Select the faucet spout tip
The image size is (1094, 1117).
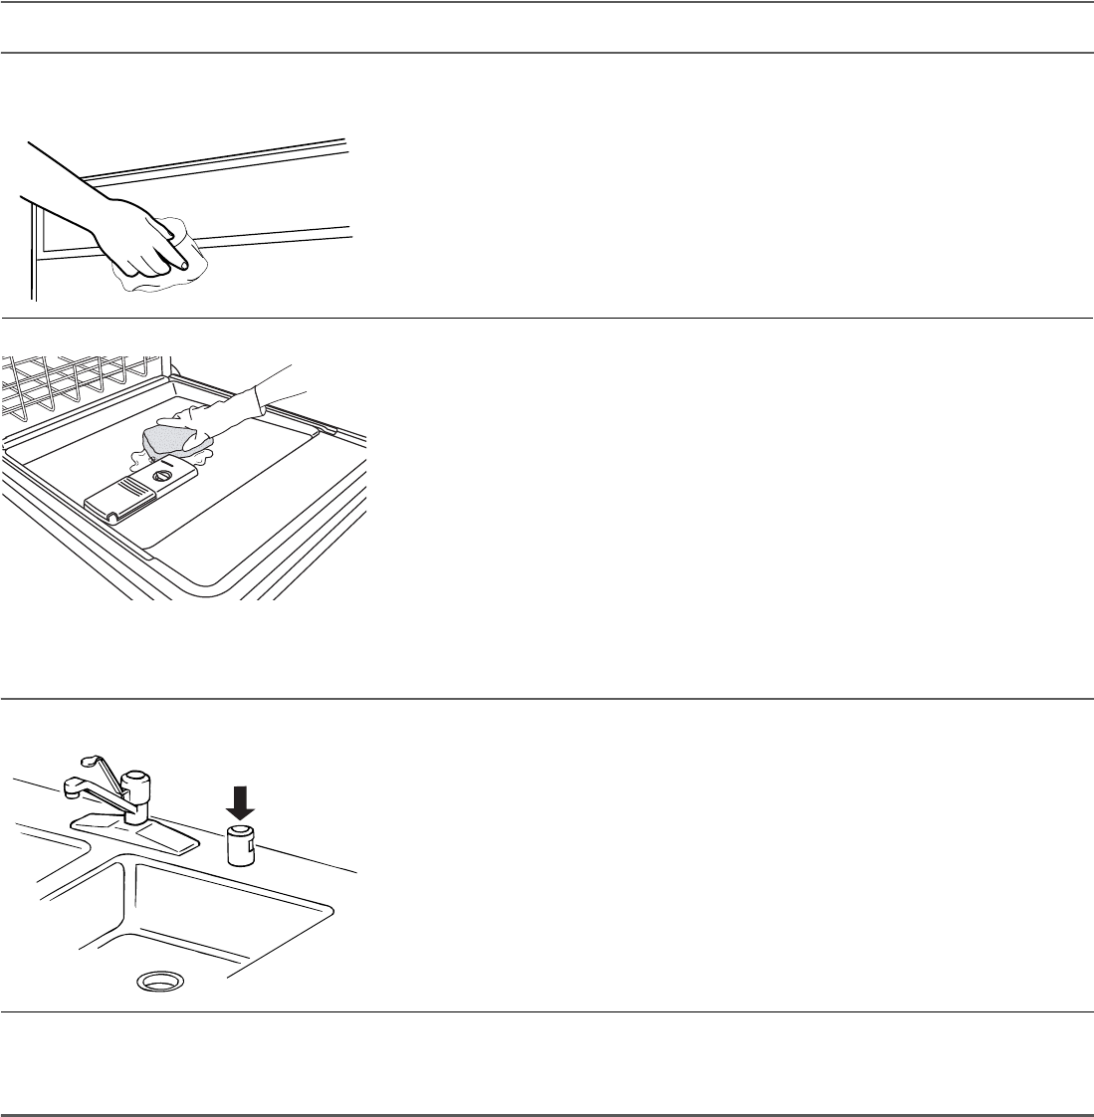click(x=71, y=789)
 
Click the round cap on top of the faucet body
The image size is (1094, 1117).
click(x=135, y=777)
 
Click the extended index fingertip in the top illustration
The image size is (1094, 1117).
click(x=185, y=264)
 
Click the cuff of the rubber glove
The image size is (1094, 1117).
click(x=262, y=399)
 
